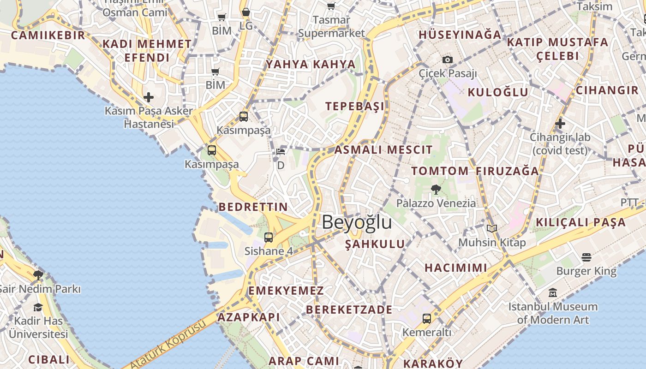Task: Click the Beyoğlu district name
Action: click(357, 222)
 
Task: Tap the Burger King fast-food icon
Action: click(586, 257)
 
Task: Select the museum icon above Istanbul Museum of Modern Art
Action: click(553, 293)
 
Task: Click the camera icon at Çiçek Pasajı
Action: click(448, 60)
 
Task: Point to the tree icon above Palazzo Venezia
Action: click(435, 189)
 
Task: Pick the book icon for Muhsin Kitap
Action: click(492, 228)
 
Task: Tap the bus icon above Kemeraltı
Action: click(427, 318)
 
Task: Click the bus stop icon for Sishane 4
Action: click(269, 238)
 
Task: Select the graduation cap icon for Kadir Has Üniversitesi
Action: click(38, 307)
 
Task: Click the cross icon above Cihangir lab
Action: click(560, 124)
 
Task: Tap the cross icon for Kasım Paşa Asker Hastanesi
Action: click(149, 97)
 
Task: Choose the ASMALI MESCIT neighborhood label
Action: click(383, 150)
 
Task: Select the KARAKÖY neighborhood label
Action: click(433, 363)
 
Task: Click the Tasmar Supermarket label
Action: click(331, 27)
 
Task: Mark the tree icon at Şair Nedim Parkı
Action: click(38, 275)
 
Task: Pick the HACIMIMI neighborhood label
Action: click(456, 268)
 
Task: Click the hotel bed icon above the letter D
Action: click(281, 152)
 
